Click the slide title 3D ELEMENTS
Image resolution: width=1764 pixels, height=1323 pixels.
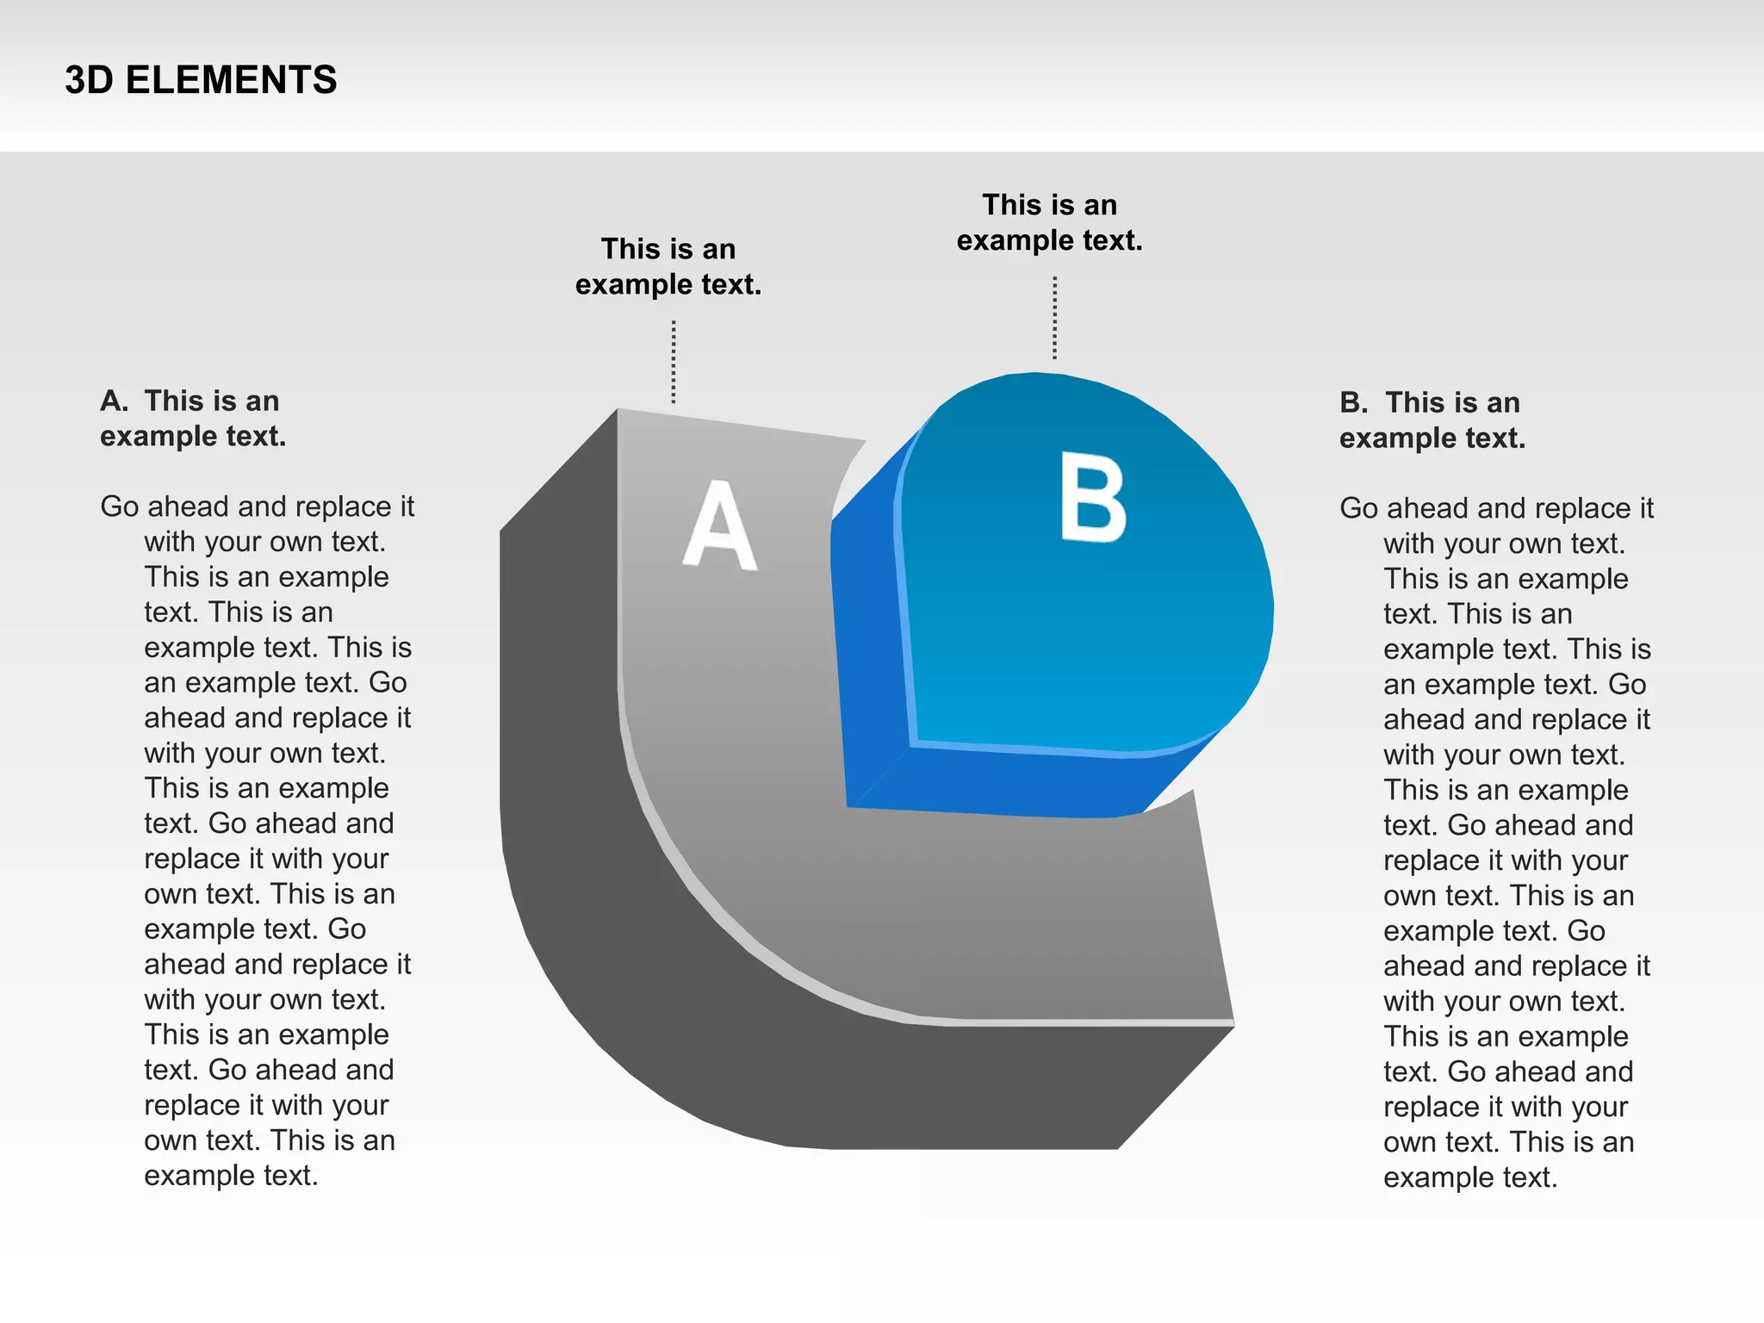tap(201, 80)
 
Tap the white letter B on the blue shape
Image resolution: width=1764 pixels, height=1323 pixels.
tap(1093, 499)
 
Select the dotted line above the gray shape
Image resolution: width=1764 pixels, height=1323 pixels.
tap(674, 362)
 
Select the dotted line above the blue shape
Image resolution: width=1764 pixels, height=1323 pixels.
tap(1054, 317)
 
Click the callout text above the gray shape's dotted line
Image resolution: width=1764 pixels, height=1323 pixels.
tap(668, 266)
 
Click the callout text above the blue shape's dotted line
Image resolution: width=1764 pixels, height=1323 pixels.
tap(1049, 222)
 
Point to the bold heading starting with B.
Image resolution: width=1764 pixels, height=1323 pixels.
tap(1432, 420)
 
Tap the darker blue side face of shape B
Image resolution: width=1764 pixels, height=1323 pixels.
tap(870, 655)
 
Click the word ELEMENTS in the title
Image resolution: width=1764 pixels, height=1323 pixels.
tap(231, 80)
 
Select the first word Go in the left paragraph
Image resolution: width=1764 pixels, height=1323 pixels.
tap(120, 506)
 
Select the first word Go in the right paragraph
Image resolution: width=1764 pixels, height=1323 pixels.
tap(1359, 508)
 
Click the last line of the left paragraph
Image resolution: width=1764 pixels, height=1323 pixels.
tap(231, 1176)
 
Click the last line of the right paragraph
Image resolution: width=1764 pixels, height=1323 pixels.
tap(1470, 1177)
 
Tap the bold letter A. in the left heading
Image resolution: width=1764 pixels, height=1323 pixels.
tap(114, 401)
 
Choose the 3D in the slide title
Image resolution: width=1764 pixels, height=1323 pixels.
tap(89, 80)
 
